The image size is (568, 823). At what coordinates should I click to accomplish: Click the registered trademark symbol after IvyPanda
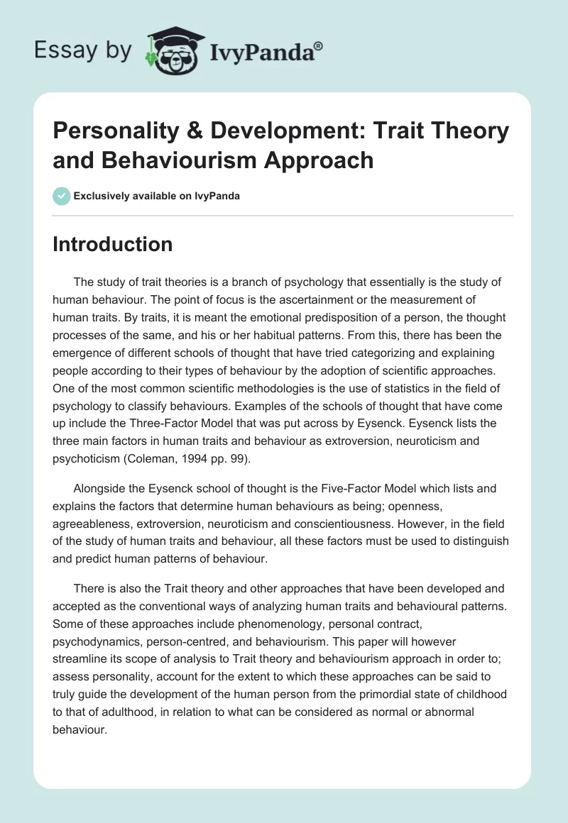(318, 46)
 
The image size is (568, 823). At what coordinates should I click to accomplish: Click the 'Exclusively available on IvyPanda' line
(156, 196)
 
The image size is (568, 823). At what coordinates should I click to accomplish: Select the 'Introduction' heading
(113, 245)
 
